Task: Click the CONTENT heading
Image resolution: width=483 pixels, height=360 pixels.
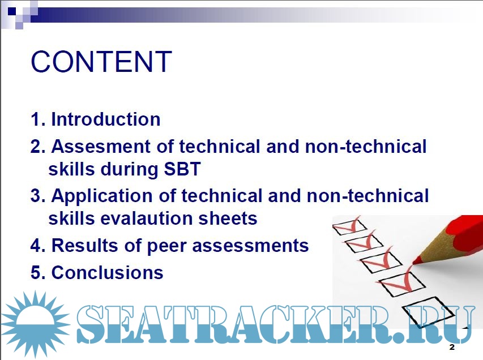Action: (101, 62)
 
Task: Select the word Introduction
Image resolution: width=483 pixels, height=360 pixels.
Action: (106, 119)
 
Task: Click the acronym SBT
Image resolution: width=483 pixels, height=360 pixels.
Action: (182, 169)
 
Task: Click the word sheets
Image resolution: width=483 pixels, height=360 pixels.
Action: (228, 218)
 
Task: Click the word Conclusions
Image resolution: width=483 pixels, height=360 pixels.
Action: (107, 272)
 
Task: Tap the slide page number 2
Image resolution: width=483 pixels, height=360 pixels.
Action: (452, 347)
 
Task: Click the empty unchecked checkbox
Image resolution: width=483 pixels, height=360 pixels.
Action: (428, 312)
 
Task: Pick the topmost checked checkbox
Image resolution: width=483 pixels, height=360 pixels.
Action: (349, 227)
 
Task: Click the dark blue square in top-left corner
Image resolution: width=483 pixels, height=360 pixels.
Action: (12, 11)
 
